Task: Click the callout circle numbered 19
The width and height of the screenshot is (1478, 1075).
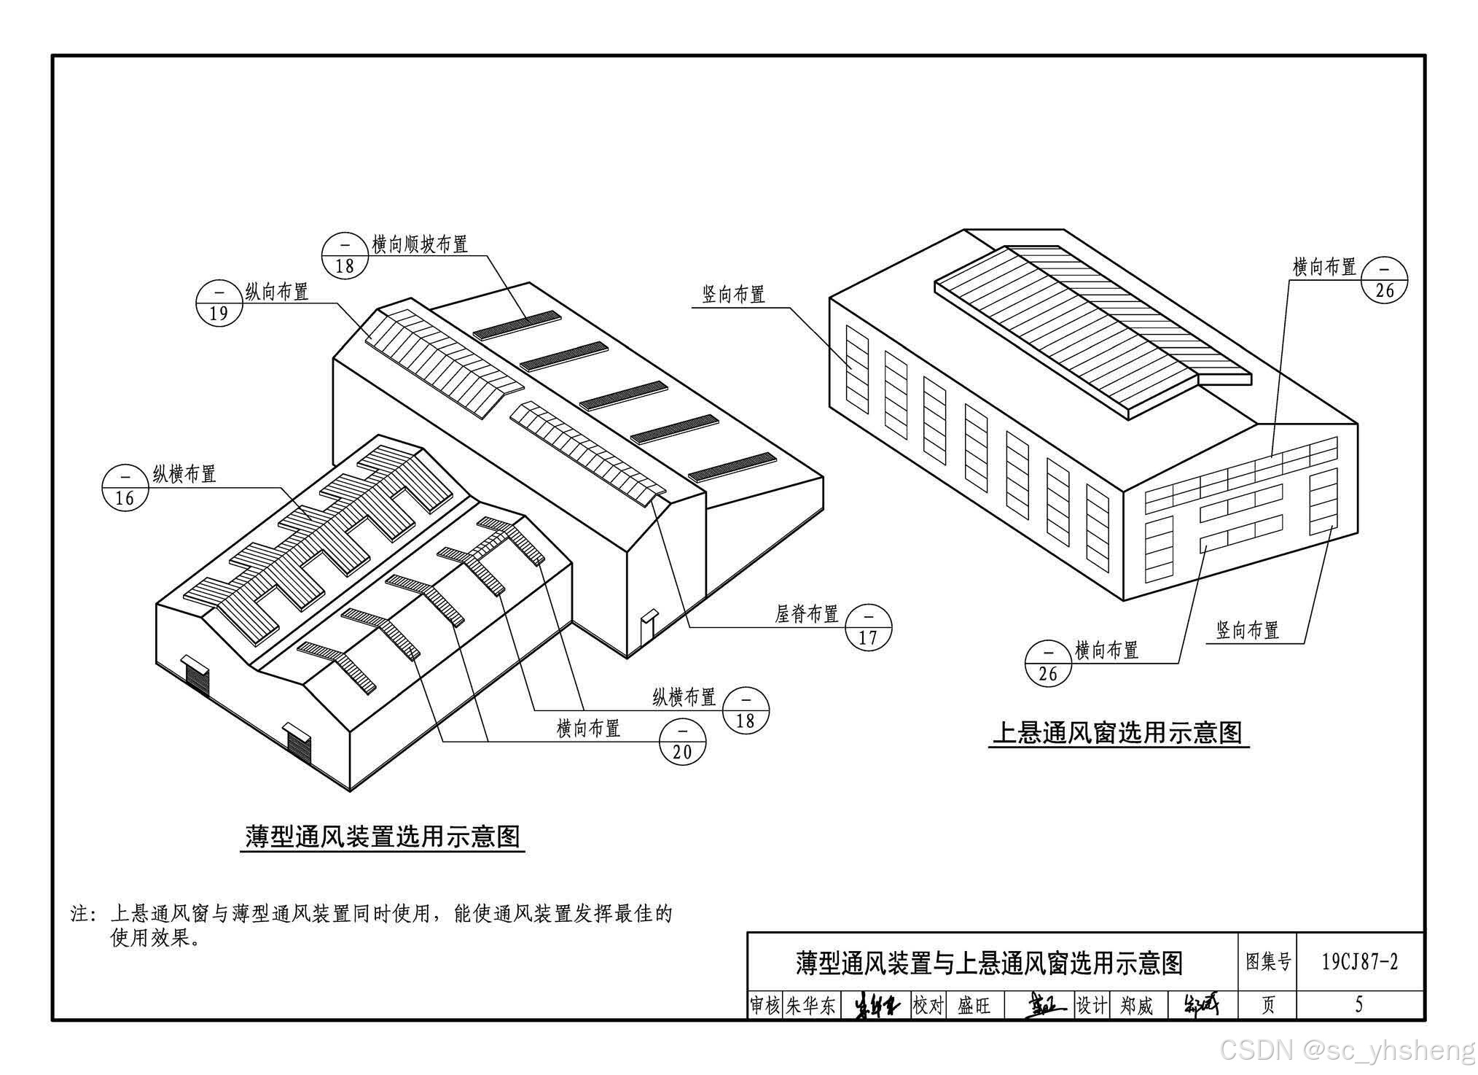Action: (x=219, y=303)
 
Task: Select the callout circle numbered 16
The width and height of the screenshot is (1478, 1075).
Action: (x=125, y=487)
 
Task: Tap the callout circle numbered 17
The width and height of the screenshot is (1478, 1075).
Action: (x=868, y=626)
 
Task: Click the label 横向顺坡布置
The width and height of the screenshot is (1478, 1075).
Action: (x=420, y=244)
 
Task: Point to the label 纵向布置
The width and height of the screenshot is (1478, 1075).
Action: (x=277, y=292)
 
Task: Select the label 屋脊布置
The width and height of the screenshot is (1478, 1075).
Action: (x=807, y=614)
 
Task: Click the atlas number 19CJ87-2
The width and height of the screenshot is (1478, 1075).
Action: (x=1360, y=962)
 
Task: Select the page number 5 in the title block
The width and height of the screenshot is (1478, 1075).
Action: (x=1358, y=1005)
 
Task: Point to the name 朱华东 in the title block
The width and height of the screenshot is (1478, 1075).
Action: (x=810, y=1006)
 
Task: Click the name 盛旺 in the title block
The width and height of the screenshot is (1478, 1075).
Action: (x=974, y=1006)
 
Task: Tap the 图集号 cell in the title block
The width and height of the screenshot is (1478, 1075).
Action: (x=1268, y=962)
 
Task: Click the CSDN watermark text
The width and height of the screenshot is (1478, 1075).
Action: (x=1348, y=1051)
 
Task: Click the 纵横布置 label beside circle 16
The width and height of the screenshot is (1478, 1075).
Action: (x=184, y=474)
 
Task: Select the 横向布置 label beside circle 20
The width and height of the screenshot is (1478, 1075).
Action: (x=588, y=728)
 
